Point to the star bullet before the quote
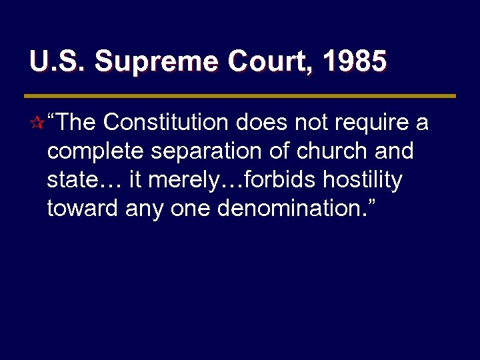(x=37, y=124)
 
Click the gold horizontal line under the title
(x=243, y=95)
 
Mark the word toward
(x=82, y=209)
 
